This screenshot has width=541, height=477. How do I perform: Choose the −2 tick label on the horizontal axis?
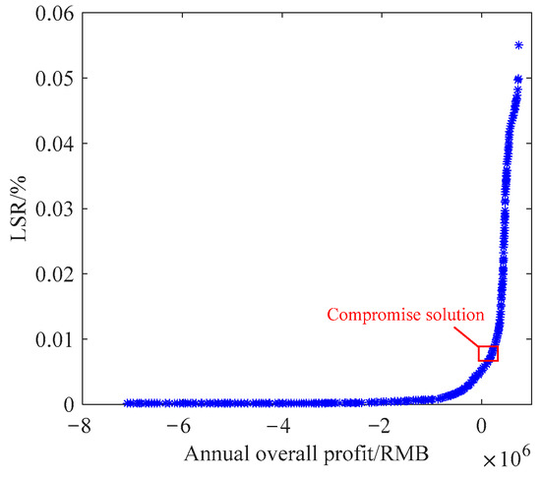click(379, 426)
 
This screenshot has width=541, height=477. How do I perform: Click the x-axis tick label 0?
click(481, 426)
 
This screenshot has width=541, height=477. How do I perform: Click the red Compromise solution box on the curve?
click(488, 353)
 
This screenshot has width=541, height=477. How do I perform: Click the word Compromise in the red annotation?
click(366, 315)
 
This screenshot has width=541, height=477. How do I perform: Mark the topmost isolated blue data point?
click(519, 45)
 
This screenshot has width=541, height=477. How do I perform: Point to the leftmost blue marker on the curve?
click(127, 403)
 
